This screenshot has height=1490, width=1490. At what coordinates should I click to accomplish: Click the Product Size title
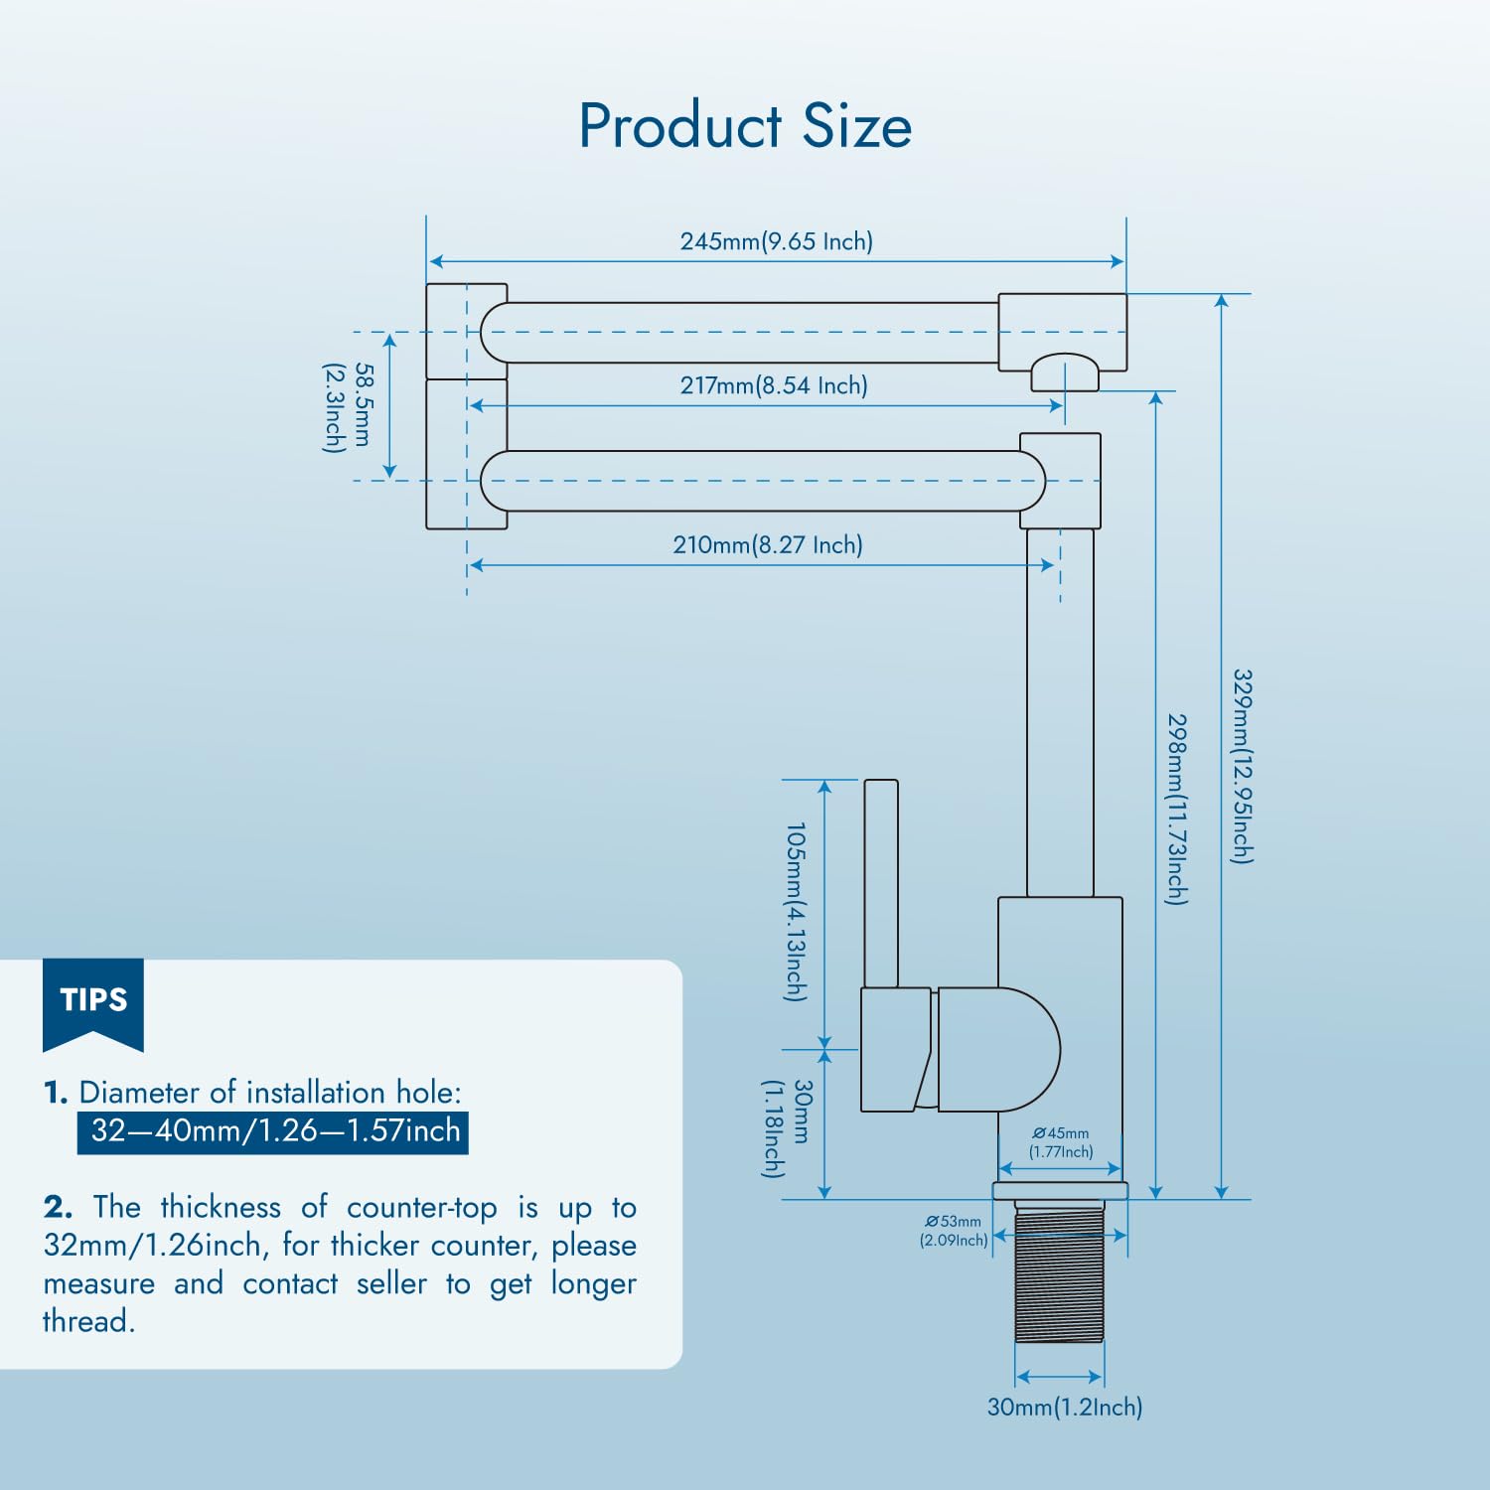pyautogui.click(x=745, y=126)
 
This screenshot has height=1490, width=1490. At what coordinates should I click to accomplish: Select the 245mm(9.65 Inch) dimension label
pyautogui.click(x=776, y=241)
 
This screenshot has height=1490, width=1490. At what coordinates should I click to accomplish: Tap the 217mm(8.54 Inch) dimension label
pyautogui.click(x=774, y=385)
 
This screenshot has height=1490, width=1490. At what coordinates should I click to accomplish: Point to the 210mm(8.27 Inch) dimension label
pyautogui.click(x=768, y=544)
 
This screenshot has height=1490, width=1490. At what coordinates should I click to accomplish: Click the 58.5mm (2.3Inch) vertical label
pyautogui.click(x=349, y=406)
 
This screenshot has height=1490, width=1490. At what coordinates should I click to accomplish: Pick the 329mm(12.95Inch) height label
pyautogui.click(x=1243, y=766)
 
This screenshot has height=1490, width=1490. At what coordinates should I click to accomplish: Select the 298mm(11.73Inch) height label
pyautogui.click(x=1176, y=809)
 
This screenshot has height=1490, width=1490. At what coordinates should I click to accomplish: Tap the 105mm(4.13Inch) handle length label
pyautogui.click(x=796, y=911)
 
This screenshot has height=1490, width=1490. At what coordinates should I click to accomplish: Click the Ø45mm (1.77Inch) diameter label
pyautogui.click(x=1061, y=1142)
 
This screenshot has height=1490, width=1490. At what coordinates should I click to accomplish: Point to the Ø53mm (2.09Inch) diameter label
pyautogui.click(x=954, y=1231)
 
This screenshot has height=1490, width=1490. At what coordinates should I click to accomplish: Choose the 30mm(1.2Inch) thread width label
pyautogui.click(x=1064, y=1407)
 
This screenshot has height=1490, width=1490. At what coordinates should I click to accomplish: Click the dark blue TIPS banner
pyautogui.click(x=93, y=999)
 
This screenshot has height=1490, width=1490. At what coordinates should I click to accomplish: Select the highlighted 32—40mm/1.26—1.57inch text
pyautogui.click(x=274, y=1130)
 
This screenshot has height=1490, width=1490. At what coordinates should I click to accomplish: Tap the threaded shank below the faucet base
pyautogui.click(x=1059, y=1272)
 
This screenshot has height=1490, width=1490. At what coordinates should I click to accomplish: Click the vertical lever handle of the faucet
pyautogui.click(x=881, y=883)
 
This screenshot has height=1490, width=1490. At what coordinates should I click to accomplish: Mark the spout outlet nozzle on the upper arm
pyautogui.click(x=1065, y=373)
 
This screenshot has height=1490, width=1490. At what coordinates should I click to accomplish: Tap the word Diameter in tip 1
pyautogui.click(x=138, y=1093)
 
